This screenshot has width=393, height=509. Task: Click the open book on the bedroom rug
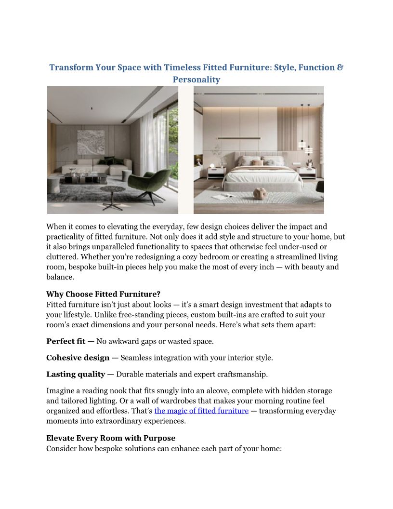223,197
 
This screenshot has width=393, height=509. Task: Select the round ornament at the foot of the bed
261,193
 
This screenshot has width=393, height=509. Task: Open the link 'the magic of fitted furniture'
201,411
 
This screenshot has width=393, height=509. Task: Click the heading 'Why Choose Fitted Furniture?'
103,295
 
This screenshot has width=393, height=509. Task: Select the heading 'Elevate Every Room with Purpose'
111,438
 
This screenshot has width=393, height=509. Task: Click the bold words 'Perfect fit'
66,341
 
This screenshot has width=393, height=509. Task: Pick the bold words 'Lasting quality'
76,374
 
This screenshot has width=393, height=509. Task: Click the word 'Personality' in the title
196,80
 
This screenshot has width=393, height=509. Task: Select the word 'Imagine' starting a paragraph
61,390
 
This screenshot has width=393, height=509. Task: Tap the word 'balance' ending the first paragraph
60,277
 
